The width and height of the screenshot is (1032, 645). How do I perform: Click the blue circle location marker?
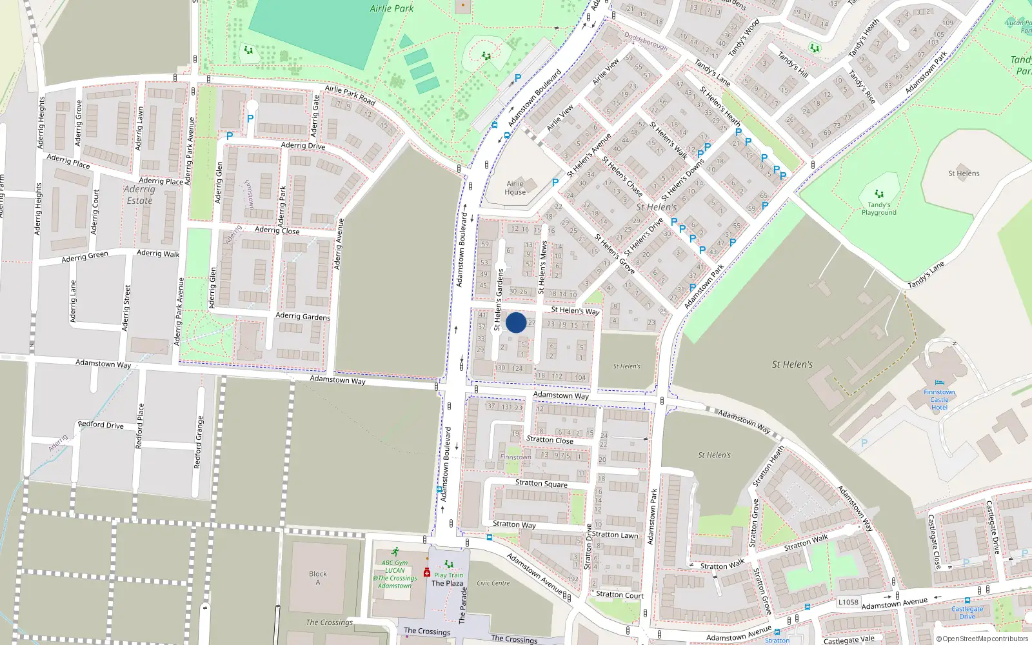coord(516,322)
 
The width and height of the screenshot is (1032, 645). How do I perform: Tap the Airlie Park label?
coord(392,8)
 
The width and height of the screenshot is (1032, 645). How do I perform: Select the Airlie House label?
coord(515,188)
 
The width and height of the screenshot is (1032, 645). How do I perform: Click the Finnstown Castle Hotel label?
coord(939,399)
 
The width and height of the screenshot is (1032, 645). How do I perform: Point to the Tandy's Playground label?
coord(878,208)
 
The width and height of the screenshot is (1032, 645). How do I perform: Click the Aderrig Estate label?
coord(139,195)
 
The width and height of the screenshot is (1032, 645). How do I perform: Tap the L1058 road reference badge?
coord(848,602)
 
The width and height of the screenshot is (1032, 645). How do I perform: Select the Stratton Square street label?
coord(541,483)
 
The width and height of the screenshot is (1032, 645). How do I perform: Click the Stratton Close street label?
coord(550,440)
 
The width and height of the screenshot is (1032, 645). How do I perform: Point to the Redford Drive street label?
coord(101,424)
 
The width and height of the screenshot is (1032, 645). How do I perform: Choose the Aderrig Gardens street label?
coord(303,316)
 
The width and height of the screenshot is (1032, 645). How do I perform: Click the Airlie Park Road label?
coord(350,95)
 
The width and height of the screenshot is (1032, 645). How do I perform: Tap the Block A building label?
coord(317,578)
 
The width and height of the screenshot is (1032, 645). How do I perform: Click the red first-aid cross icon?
coord(426,572)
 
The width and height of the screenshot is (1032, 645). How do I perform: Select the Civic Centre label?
coord(493,583)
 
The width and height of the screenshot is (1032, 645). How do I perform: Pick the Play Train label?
coord(448,575)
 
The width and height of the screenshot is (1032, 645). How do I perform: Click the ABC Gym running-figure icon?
coord(395,552)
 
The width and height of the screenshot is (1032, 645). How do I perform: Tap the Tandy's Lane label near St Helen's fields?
coord(926,275)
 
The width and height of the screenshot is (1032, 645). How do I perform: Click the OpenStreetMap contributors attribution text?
coord(982,639)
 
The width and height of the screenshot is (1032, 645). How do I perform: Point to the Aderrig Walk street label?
coord(158,253)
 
